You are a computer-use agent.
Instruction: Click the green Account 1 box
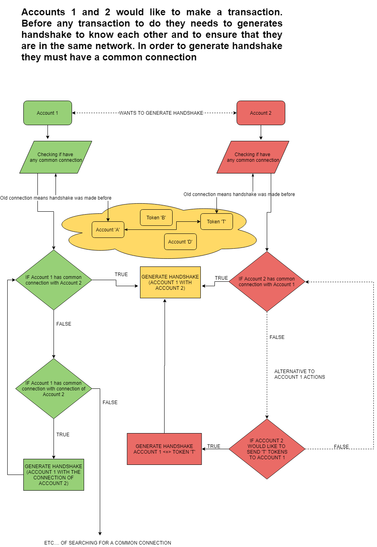point(47,113)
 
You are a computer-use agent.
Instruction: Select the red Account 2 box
point(261,113)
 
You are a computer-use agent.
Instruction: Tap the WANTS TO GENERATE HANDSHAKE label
point(161,113)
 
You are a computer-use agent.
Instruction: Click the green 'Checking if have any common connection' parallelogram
point(56,157)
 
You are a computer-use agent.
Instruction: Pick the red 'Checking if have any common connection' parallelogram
point(253,157)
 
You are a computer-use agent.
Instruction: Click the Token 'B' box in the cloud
point(156,218)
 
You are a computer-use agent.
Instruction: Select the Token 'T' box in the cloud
point(216,222)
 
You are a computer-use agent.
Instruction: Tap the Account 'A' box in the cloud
point(108,230)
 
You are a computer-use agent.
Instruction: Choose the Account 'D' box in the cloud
point(180,242)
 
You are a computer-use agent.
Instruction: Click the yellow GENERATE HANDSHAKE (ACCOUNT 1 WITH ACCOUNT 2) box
point(170,283)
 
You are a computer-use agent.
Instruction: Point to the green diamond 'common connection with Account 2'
point(54,280)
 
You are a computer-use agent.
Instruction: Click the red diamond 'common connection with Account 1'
point(267,282)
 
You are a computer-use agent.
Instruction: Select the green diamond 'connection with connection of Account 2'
point(54,389)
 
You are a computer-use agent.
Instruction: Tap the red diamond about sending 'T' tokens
point(267,449)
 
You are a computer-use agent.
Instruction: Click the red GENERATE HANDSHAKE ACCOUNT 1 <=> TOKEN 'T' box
point(164,449)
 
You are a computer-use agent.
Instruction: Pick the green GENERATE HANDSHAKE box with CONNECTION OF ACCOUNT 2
point(54,475)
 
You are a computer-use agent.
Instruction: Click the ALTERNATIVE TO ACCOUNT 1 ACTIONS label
point(299,374)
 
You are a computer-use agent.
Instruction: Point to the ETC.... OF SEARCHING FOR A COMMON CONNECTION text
point(107,543)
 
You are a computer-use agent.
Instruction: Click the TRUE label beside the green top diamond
point(121,275)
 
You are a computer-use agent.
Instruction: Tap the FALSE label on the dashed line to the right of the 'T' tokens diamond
point(341,447)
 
